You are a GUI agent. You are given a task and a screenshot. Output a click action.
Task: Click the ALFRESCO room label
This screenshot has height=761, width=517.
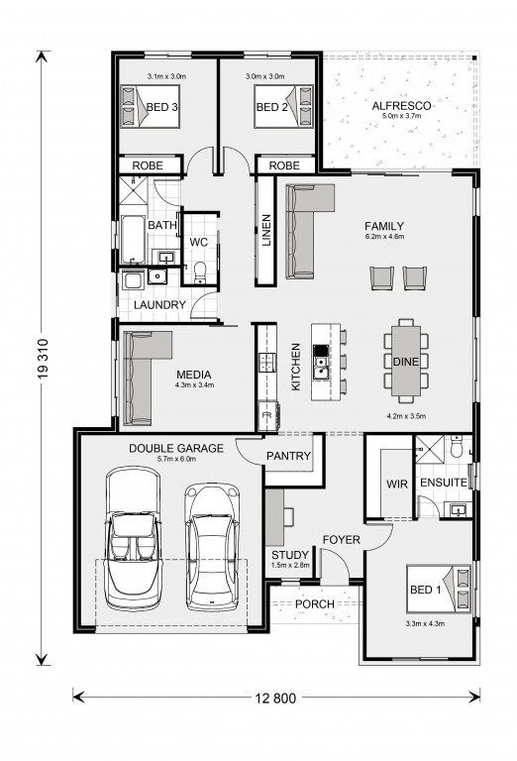coord(401,106)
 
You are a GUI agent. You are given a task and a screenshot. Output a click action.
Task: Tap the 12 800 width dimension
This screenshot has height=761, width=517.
coord(275,698)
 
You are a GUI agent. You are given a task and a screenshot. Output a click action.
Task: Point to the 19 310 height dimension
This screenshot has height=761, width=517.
coord(43,359)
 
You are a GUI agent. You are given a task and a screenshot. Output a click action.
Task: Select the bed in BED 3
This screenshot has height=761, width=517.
coord(150,107)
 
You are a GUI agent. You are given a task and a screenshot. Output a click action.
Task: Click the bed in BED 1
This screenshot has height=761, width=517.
coord(439,590)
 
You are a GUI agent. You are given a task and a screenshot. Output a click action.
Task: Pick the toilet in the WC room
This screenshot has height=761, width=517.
coord(200,272)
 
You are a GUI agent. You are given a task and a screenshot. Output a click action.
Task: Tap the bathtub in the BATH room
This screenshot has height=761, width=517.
coord(133,239)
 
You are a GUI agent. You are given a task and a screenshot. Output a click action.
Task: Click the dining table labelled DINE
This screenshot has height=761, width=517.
coord(406,361)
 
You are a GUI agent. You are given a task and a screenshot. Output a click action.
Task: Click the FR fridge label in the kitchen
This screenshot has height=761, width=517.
coord(266,415)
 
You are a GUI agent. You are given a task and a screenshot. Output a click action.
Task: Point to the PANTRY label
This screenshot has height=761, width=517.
coord(288,456)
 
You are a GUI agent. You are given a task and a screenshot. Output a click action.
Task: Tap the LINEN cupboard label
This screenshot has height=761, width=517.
coord(266,231)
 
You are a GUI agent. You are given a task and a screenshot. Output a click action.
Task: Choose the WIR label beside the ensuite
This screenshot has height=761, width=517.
coord(397,484)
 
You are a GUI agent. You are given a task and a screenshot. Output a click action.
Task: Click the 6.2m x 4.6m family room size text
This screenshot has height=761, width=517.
coord(384,237)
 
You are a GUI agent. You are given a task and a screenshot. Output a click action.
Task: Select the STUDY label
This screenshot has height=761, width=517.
coord(290,555)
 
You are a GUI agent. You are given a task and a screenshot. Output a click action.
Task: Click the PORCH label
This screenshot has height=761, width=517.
coord(315,604)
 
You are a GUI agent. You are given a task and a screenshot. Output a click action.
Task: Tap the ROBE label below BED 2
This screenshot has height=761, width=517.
coord(284,166)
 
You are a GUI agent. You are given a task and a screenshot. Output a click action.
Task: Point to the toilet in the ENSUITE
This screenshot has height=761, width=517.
coord(457,447)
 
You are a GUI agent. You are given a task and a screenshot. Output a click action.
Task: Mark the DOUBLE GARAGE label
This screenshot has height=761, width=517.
coord(176,449)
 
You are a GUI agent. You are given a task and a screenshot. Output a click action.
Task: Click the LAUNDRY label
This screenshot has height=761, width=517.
coord(159,305)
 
